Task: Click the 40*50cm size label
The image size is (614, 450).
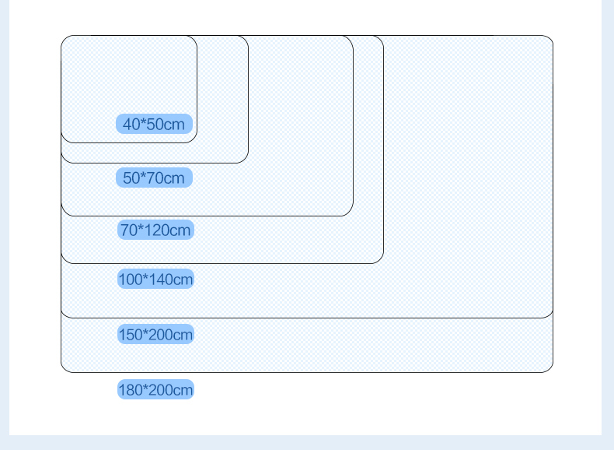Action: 155,124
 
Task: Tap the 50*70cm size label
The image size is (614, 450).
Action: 155,178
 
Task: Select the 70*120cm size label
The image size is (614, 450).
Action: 155,230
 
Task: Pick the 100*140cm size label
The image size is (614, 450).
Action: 155,279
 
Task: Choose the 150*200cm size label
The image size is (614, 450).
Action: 155,334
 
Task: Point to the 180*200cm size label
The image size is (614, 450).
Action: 155,389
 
